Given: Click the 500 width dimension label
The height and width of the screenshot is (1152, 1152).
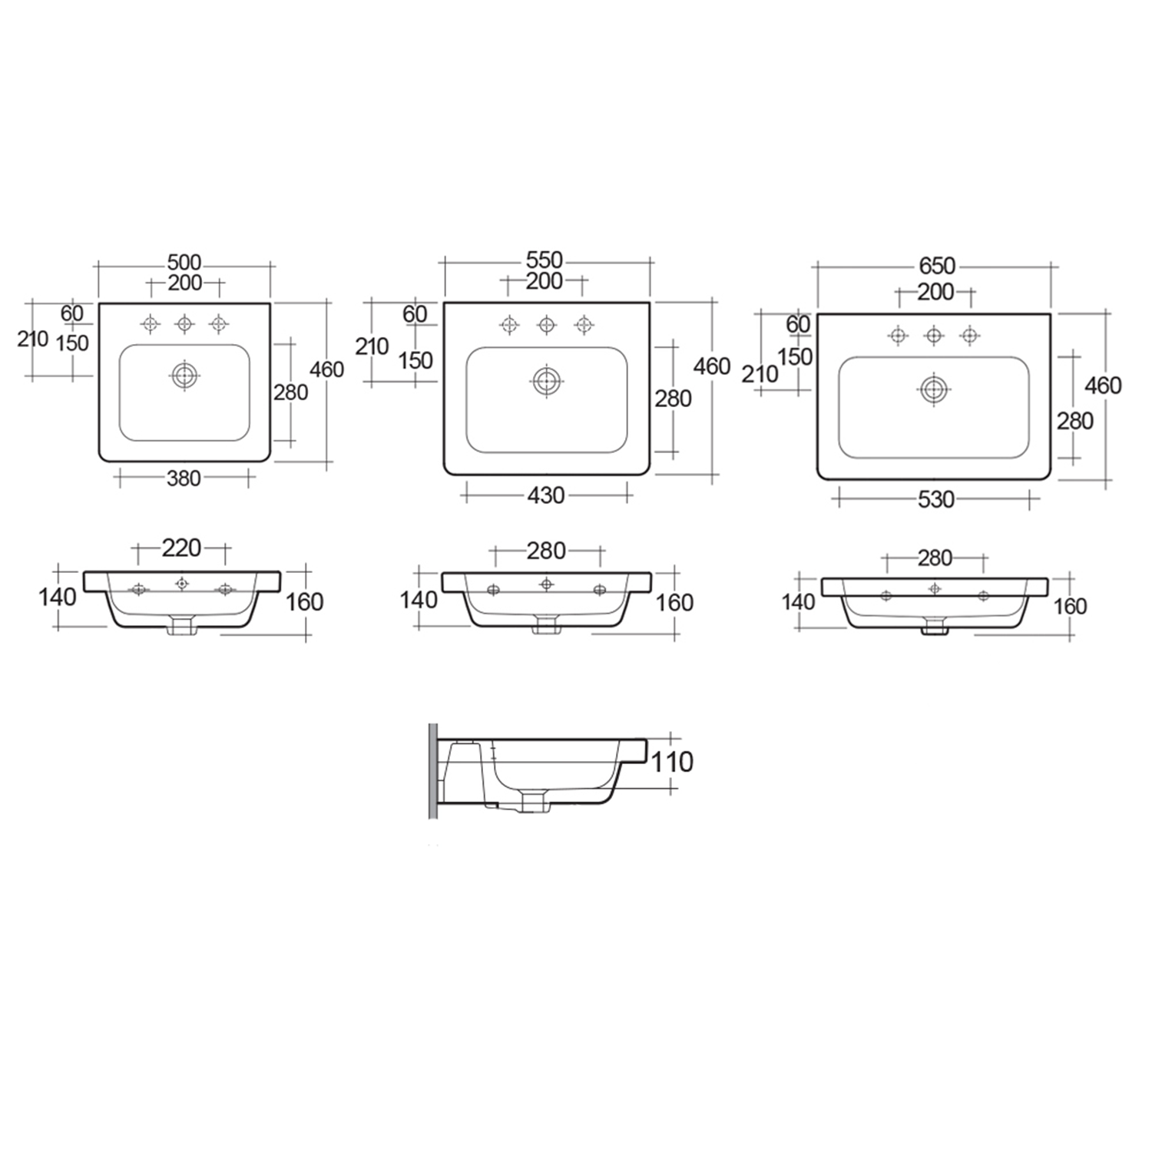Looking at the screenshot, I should click(184, 263).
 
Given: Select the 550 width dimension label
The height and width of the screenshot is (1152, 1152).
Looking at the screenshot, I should click(545, 260).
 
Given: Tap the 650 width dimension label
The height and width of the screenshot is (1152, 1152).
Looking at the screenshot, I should click(937, 266).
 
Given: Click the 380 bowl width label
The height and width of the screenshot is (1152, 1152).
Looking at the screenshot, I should click(184, 478).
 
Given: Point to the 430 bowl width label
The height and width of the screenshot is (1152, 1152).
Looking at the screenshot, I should click(545, 495).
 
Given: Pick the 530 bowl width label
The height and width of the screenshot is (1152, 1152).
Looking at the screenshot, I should click(936, 499).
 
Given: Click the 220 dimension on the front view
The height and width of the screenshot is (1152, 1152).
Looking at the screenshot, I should click(181, 548).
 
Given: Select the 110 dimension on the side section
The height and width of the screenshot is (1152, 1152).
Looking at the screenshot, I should click(672, 762).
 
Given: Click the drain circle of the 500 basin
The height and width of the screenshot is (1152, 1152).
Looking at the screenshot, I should click(184, 376).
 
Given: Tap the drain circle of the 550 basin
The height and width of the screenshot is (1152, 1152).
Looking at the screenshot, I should click(547, 381).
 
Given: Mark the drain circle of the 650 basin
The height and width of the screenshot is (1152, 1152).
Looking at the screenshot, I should click(934, 389).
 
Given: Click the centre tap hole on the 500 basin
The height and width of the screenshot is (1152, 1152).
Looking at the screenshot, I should click(184, 324).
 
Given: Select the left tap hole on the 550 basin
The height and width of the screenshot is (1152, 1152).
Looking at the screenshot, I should click(509, 325).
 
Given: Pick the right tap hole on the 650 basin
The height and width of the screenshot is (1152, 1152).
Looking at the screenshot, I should click(970, 335).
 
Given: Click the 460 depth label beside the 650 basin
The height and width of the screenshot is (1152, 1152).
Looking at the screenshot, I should click(1103, 385).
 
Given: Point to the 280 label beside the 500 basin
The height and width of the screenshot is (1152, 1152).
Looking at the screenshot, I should click(291, 392).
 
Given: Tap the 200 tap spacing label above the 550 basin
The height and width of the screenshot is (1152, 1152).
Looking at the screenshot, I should click(545, 281).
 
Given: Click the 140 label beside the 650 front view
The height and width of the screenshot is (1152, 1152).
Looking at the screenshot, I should click(798, 601).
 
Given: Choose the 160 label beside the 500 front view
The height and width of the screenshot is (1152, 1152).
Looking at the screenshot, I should click(304, 601).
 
